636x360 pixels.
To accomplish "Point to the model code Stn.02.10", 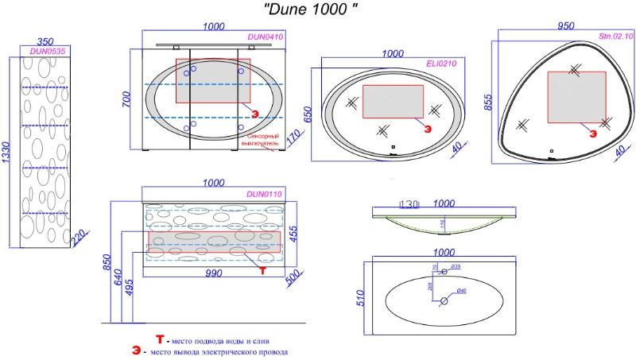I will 615,37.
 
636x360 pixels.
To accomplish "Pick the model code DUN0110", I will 265,193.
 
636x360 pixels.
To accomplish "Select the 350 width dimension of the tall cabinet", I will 45,41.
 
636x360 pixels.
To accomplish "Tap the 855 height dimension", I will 486,103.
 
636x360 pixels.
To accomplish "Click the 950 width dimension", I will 565,25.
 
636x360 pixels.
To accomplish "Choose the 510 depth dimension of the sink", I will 359,296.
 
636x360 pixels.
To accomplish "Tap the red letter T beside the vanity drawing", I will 262,269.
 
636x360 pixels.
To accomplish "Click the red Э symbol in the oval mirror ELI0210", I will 427,127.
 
